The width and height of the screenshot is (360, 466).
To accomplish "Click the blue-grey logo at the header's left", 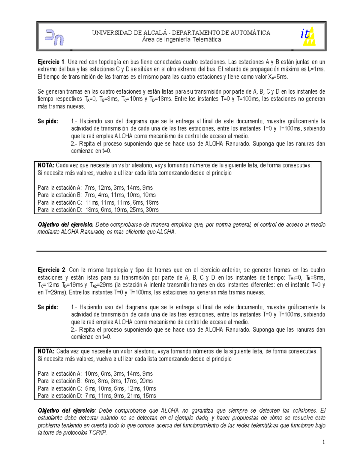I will pos(54,37).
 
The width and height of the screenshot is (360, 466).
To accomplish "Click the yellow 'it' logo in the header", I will pos(308,36).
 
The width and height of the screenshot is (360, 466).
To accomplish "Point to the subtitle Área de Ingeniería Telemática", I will pos(181,40).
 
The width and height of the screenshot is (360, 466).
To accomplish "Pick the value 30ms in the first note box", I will pos(152,210).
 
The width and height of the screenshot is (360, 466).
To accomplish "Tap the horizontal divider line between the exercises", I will pos(181,251).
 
